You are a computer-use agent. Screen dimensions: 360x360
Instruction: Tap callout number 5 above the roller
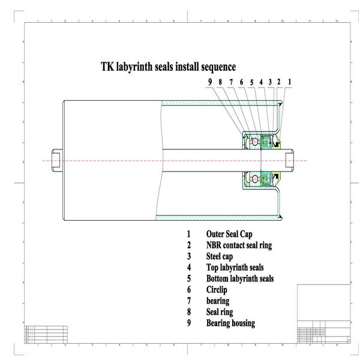click(x=252, y=82)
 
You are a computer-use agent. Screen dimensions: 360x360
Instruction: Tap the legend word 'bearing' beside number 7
click(x=218, y=301)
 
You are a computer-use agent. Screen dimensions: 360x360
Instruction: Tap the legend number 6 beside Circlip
click(x=188, y=290)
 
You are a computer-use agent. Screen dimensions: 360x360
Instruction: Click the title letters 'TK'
click(x=106, y=67)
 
